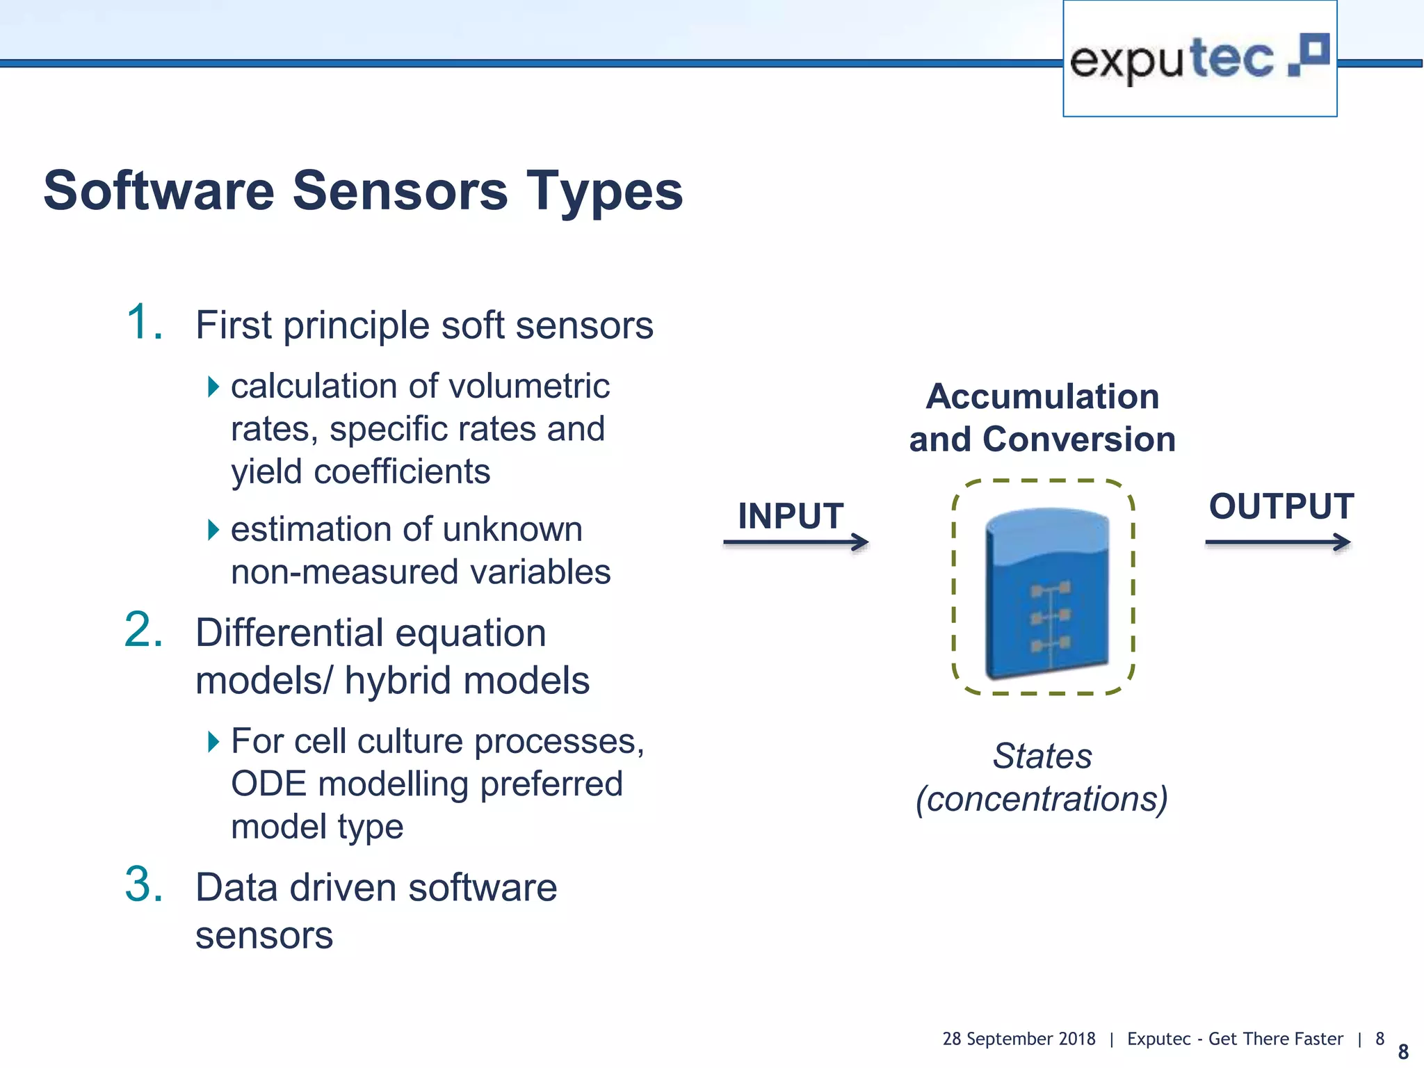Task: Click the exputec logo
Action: point(1199,59)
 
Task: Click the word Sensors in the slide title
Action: point(400,191)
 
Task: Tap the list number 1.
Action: point(144,323)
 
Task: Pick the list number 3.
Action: point(144,884)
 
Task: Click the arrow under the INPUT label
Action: point(795,542)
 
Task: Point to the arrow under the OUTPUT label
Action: point(1278,542)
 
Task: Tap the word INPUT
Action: point(791,516)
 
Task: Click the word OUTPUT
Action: point(1281,506)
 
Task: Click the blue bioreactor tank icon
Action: point(1046,592)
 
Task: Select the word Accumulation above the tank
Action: point(1042,397)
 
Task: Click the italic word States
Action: point(1042,756)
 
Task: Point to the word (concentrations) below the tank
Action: point(1042,799)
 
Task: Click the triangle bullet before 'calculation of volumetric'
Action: point(213,387)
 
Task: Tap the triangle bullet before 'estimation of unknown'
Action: point(213,531)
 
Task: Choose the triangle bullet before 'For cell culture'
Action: point(213,742)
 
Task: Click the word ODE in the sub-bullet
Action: point(268,784)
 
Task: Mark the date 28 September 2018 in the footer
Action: point(1019,1039)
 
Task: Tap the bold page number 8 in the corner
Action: point(1403,1051)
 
